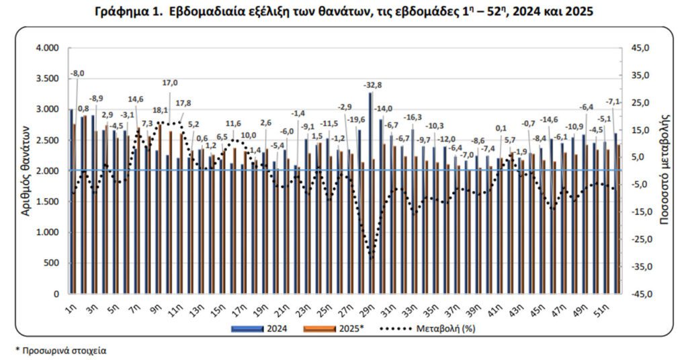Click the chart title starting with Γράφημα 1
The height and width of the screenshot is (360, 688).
pyautogui.click(x=343, y=12)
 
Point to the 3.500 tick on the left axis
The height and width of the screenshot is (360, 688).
pyautogui.click(x=46, y=79)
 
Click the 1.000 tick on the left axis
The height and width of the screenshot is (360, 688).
pyautogui.click(x=46, y=232)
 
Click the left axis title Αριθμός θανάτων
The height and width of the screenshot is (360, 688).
pyautogui.click(x=25, y=171)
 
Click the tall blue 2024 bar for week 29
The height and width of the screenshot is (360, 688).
pyautogui.click(x=370, y=195)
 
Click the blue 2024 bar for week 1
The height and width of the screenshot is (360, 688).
pyautogui.click(x=71, y=201)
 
